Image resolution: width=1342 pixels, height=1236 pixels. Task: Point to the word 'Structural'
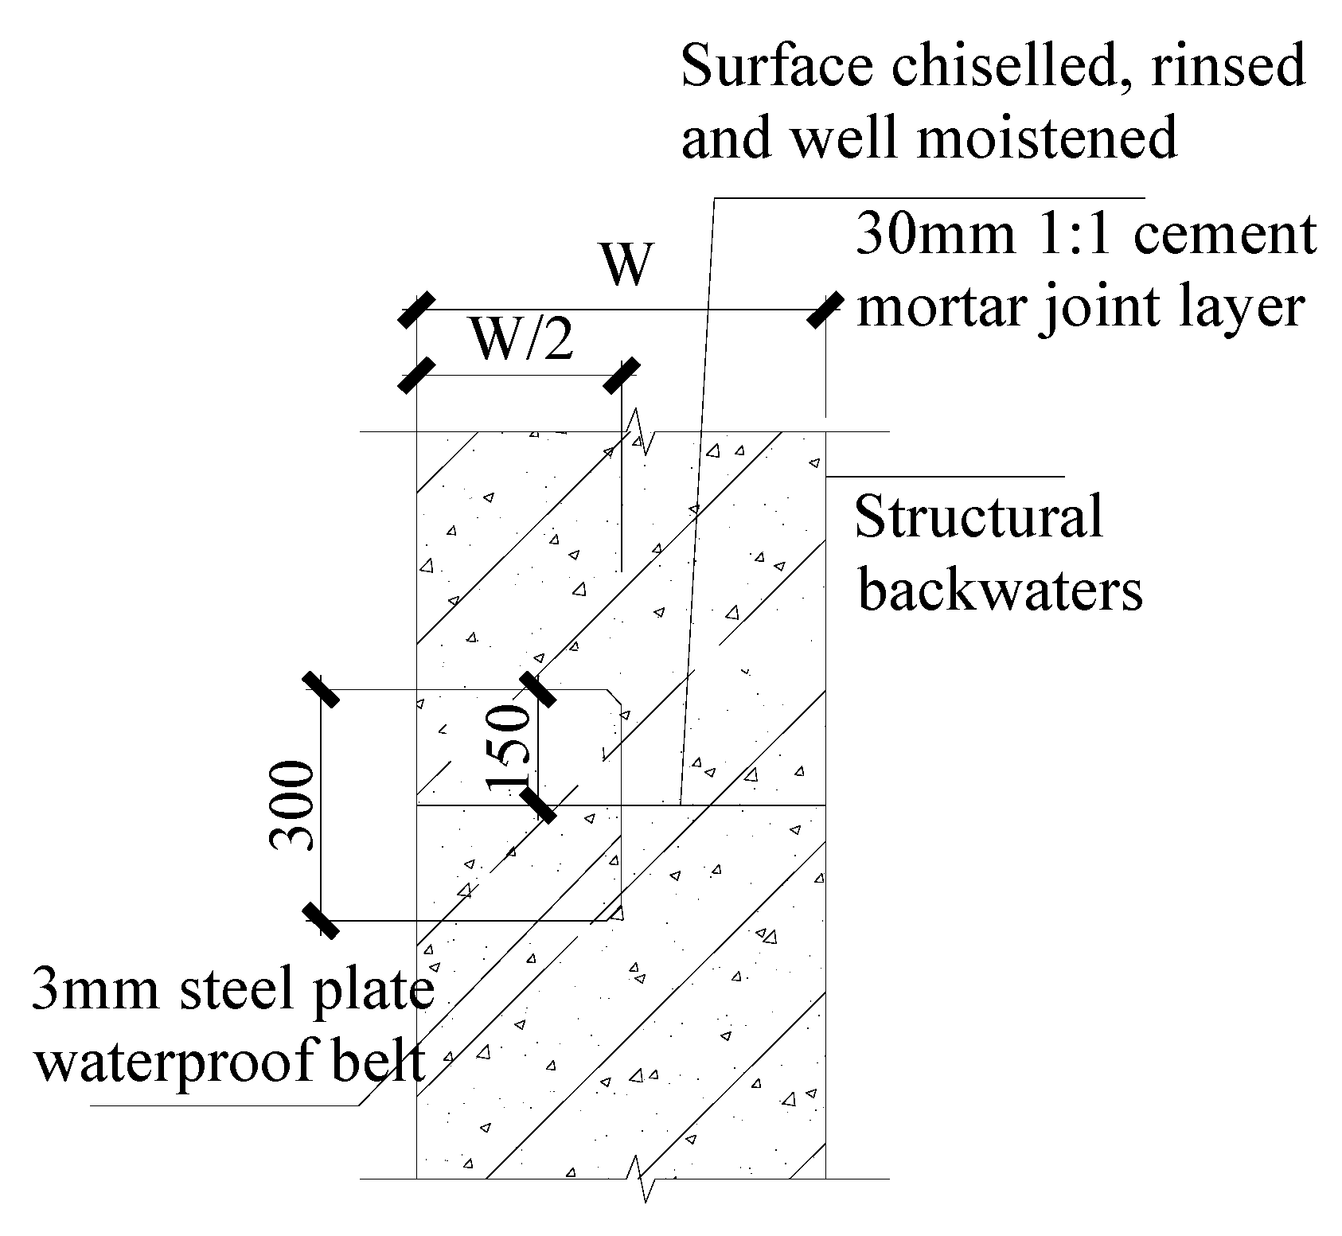point(979,518)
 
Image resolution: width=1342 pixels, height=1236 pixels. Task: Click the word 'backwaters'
point(1000,590)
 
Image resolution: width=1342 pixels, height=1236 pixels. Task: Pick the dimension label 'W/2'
point(521,341)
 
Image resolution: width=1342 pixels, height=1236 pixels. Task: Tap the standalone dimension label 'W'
point(626,265)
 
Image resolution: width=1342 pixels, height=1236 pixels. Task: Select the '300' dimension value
point(291,805)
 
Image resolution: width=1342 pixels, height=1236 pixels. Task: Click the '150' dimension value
point(509,748)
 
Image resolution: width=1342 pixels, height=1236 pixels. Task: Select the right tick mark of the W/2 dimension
point(621,375)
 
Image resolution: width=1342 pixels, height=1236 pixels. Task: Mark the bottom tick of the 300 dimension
point(321,921)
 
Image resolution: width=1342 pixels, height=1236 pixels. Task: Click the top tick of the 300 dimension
point(321,689)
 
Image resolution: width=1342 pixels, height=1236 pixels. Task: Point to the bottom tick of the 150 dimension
point(538,805)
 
